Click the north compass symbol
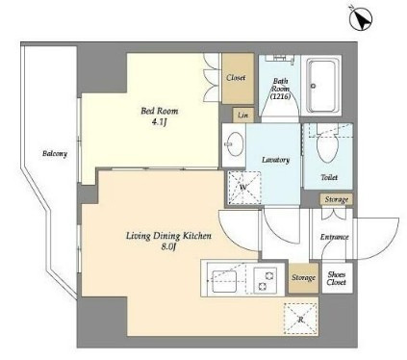(361, 19)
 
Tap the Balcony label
(55, 154)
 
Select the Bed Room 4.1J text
(160, 116)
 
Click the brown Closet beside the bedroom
(238, 78)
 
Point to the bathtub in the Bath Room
(323, 86)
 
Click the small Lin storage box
(243, 115)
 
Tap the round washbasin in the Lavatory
(235, 144)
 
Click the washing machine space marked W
(244, 188)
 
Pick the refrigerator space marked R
(300, 319)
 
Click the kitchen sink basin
(224, 281)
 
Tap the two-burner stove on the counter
(266, 280)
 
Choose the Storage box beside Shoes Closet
(303, 278)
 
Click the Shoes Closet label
(337, 278)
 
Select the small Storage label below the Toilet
(337, 199)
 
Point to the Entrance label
(334, 237)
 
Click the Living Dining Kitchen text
(168, 236)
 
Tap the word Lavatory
(276, 160)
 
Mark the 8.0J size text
(168, 247)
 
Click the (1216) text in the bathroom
(280, 96)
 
